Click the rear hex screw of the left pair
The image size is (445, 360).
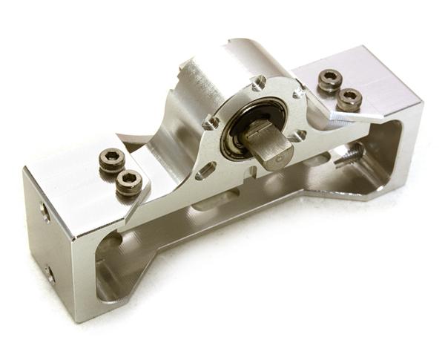(x=112, y=159)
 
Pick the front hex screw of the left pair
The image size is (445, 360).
(x=128, y=181)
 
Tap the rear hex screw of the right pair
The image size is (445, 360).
(x=329, y=79)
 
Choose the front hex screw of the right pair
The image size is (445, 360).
(x=349, y=98)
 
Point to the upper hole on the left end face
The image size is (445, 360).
(x=45, y=213)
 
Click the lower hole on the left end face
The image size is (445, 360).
(x=49, y=274)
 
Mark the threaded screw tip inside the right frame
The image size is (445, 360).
(x=348, y=156)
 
